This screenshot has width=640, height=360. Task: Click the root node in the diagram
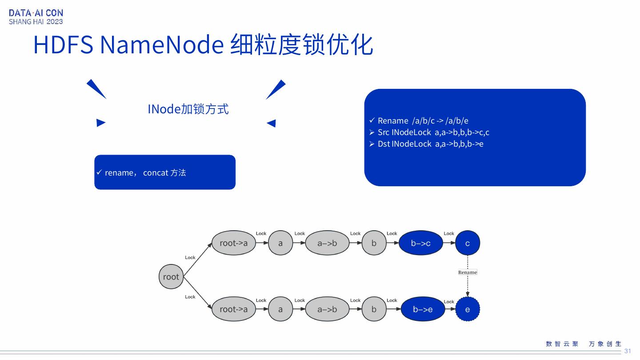coord(171,276)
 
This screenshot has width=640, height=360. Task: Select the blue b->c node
coord(420,243)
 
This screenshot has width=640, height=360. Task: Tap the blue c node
coord(468,243)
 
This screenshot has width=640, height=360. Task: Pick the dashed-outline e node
coord(468,309)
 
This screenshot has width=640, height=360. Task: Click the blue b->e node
coord(423,309)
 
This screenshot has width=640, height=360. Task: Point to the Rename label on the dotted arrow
coord(468,272)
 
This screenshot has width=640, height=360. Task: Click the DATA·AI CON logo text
coord(36,13)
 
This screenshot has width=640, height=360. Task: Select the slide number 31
coord(628,351)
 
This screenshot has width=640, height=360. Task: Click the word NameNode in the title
coord(162,44)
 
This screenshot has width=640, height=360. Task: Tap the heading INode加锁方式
coord(188,109)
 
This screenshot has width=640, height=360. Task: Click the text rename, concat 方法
coord(145,172)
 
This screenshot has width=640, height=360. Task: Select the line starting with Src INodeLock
coord(433,132)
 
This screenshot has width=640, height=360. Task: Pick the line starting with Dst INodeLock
coord(430,144)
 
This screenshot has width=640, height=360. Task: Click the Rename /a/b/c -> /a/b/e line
coord(423,121)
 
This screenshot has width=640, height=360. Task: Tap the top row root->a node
coord(234,243)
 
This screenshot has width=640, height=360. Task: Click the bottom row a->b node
coord(327,309)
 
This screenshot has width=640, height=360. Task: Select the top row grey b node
coord(374,243)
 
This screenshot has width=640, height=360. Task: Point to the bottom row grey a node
coord(280,309)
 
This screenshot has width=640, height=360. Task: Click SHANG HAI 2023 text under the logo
coord(36,22)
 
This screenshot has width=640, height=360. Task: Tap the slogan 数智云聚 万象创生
coord(584,344)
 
